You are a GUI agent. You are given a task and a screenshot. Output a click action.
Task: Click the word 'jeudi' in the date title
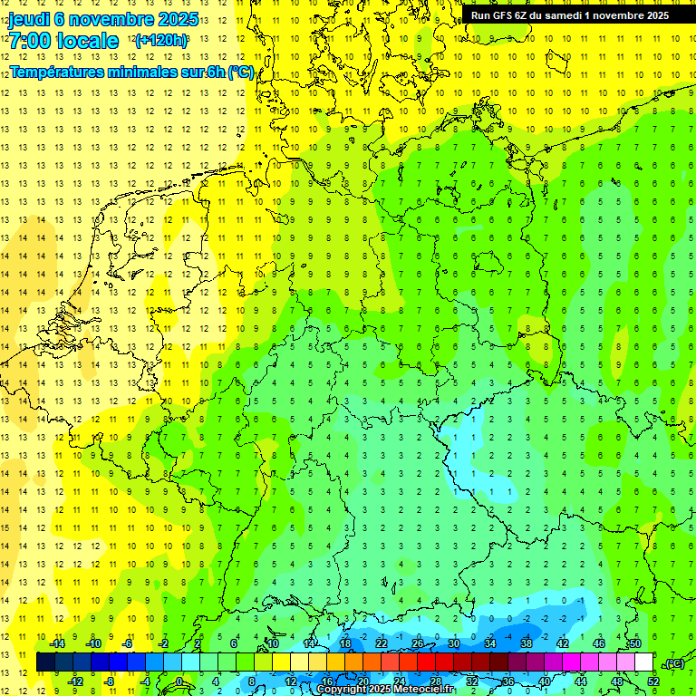(x=30, y=19)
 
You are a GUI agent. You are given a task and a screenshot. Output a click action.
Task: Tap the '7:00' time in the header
(x=29, y=41)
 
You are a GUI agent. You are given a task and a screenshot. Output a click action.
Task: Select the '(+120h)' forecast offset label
(x=161, y=41)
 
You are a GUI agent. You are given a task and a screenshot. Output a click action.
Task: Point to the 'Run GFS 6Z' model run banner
(x=501, y=14)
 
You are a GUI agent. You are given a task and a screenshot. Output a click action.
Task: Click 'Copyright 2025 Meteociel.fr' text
(x=385, y=689)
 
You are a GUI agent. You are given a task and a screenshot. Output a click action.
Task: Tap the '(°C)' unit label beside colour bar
(x=674, y=663)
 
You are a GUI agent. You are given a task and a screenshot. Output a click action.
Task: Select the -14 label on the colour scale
(x=57, y=643)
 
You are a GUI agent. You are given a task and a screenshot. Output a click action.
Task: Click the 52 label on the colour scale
(x=653, y=681)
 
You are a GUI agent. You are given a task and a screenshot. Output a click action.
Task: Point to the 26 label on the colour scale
(x=418, y=643)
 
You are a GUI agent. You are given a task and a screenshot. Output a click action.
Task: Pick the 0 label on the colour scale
(x=179, y=681)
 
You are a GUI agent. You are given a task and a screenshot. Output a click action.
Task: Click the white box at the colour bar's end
(x=644, y=662)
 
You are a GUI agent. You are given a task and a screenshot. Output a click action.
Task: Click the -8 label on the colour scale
(x=110, y=681)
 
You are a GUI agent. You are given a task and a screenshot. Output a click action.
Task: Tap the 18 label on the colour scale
(x=345, y=643)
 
